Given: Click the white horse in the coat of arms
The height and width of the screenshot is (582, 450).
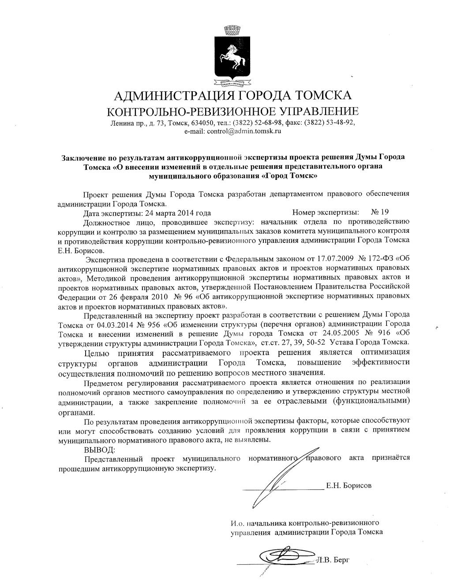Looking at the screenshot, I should click(x=233, y=55).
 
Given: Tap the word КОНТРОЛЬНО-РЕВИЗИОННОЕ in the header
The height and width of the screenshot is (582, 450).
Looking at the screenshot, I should click(x=180, y=111).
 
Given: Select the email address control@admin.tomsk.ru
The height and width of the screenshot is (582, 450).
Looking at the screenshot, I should click(x=232, y=131).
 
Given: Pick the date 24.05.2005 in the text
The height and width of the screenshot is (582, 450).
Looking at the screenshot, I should click(x=341, y=332).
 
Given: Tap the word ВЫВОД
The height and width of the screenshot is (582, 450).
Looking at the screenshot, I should click(x=99, y=450).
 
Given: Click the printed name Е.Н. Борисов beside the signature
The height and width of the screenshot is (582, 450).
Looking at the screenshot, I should click(x=349, y=485).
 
